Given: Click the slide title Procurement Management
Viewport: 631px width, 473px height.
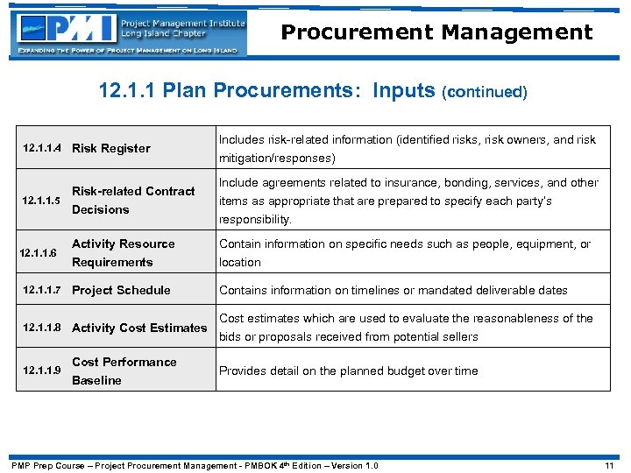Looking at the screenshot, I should pos(436,32).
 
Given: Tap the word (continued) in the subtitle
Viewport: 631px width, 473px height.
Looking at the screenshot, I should pos(486,92).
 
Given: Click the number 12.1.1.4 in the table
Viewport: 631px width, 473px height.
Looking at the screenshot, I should pos(42,148).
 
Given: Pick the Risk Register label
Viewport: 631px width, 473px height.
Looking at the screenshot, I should pos(110,148).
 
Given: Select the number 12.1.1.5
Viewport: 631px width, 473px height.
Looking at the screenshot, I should pos(42,201).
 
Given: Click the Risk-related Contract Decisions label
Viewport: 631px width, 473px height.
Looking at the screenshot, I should pos(132,201).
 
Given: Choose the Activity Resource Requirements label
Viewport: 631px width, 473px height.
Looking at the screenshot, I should pos(123,253).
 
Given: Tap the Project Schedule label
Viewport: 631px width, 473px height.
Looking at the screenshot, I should pos(121,290).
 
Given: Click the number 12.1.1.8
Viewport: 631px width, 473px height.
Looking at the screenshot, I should pos(42,328).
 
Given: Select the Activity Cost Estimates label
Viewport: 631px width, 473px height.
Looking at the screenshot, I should pos(139,328).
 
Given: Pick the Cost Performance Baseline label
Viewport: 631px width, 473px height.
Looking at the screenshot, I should pos(124,371).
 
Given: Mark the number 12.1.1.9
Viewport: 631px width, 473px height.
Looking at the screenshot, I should pos(42,371).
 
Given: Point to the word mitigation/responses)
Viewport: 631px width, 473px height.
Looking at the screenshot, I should pos(277,159).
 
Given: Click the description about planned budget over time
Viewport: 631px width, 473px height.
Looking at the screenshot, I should pos(348,371).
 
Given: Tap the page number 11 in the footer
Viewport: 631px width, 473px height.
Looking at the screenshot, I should pos(610,465).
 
